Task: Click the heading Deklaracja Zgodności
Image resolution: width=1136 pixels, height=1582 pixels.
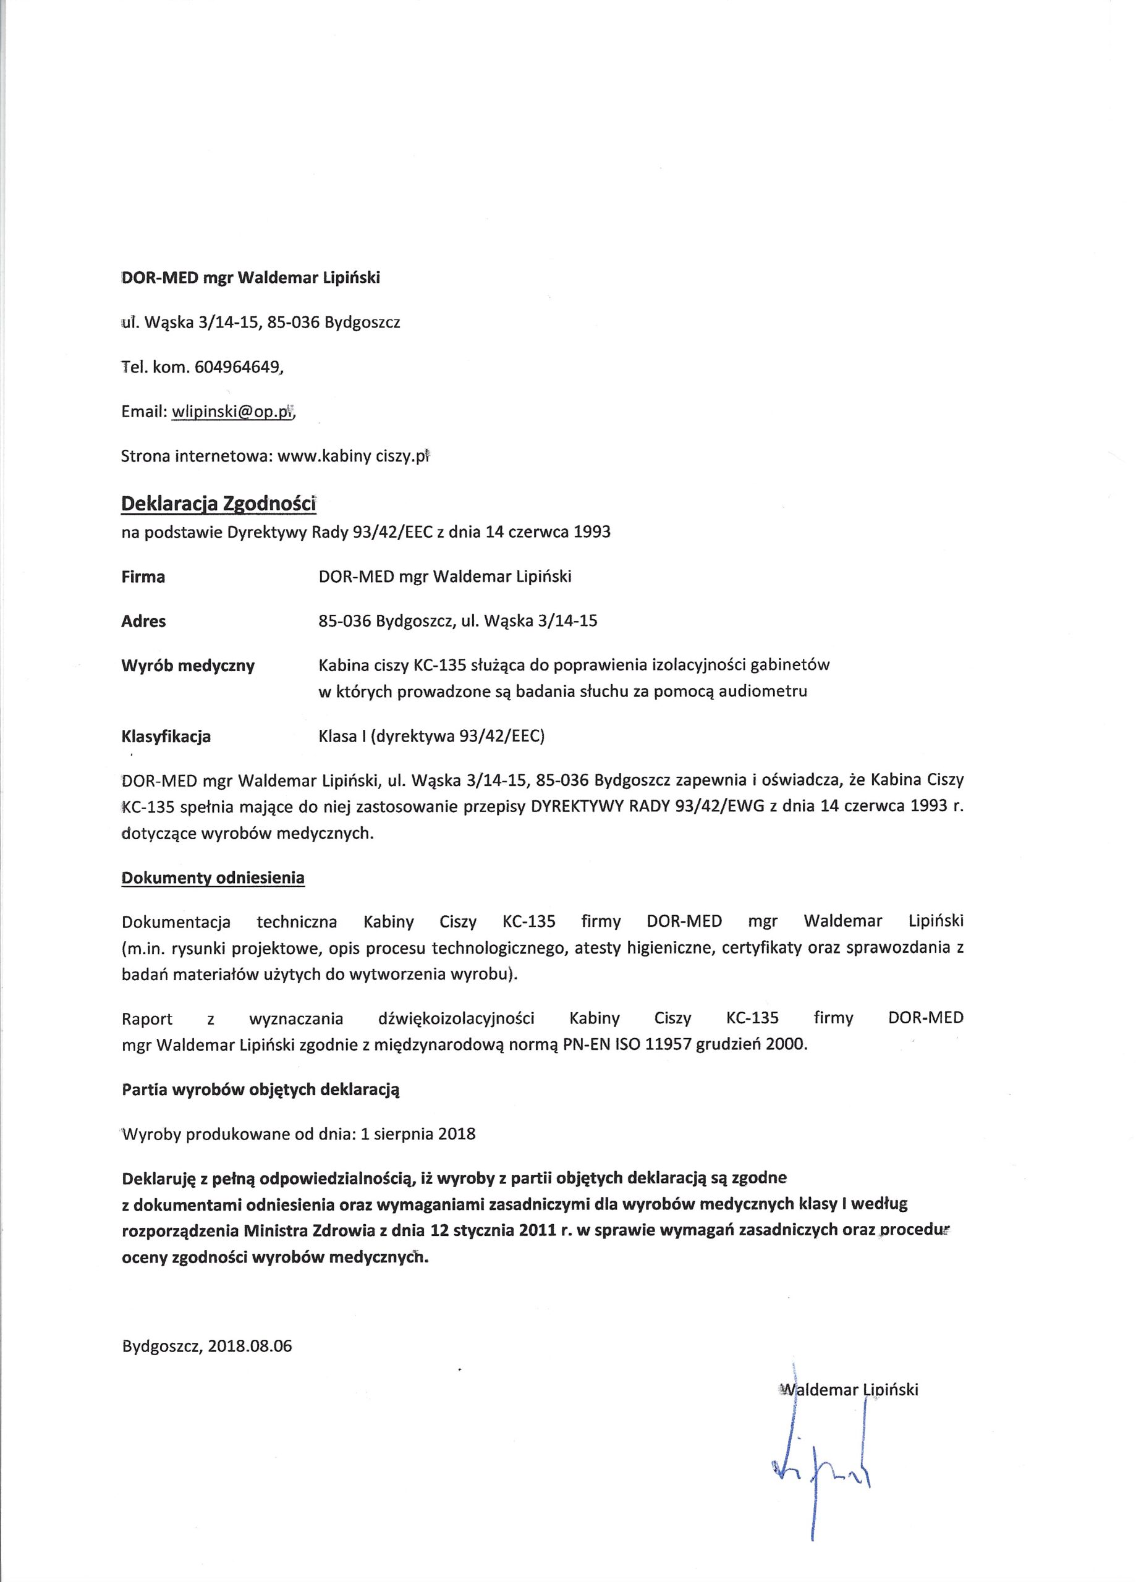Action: (x=218, y=503)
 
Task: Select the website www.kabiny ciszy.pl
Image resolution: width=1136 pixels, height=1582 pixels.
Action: (x=352, y=457)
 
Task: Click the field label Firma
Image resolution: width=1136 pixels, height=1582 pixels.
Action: (x=143, y=577)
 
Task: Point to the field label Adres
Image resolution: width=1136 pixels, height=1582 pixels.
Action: (x=144, y=621)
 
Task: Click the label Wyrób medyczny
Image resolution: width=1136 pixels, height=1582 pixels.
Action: (x=188, y=666)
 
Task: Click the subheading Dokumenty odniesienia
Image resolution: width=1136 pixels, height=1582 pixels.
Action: (x=213, y=878)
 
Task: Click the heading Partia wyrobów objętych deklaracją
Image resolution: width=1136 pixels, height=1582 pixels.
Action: (x=260, y=1090)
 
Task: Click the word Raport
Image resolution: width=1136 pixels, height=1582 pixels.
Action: (x=146, y=1018)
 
